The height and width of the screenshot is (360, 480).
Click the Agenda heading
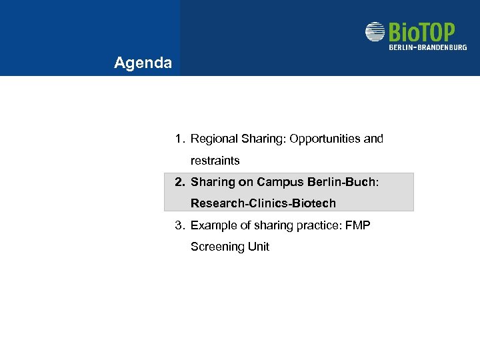[143, 63]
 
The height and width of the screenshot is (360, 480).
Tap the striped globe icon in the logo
[375, 32]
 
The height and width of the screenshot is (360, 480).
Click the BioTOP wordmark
[421, 32]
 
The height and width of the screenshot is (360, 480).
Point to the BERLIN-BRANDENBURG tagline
[427, 47]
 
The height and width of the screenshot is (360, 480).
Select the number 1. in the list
[179, 139]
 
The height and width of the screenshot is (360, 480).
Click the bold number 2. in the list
[179, 182]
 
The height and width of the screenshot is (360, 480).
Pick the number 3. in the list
[179, 225]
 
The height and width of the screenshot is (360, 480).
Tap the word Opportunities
[323, 139]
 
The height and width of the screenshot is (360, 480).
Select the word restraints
[215, 161]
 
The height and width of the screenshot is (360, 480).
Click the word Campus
[281, 182]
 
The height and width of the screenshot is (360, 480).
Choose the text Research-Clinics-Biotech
[263, 203]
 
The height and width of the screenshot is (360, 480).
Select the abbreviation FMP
[358, 225]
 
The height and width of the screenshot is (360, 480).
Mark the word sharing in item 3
[274, 225]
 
